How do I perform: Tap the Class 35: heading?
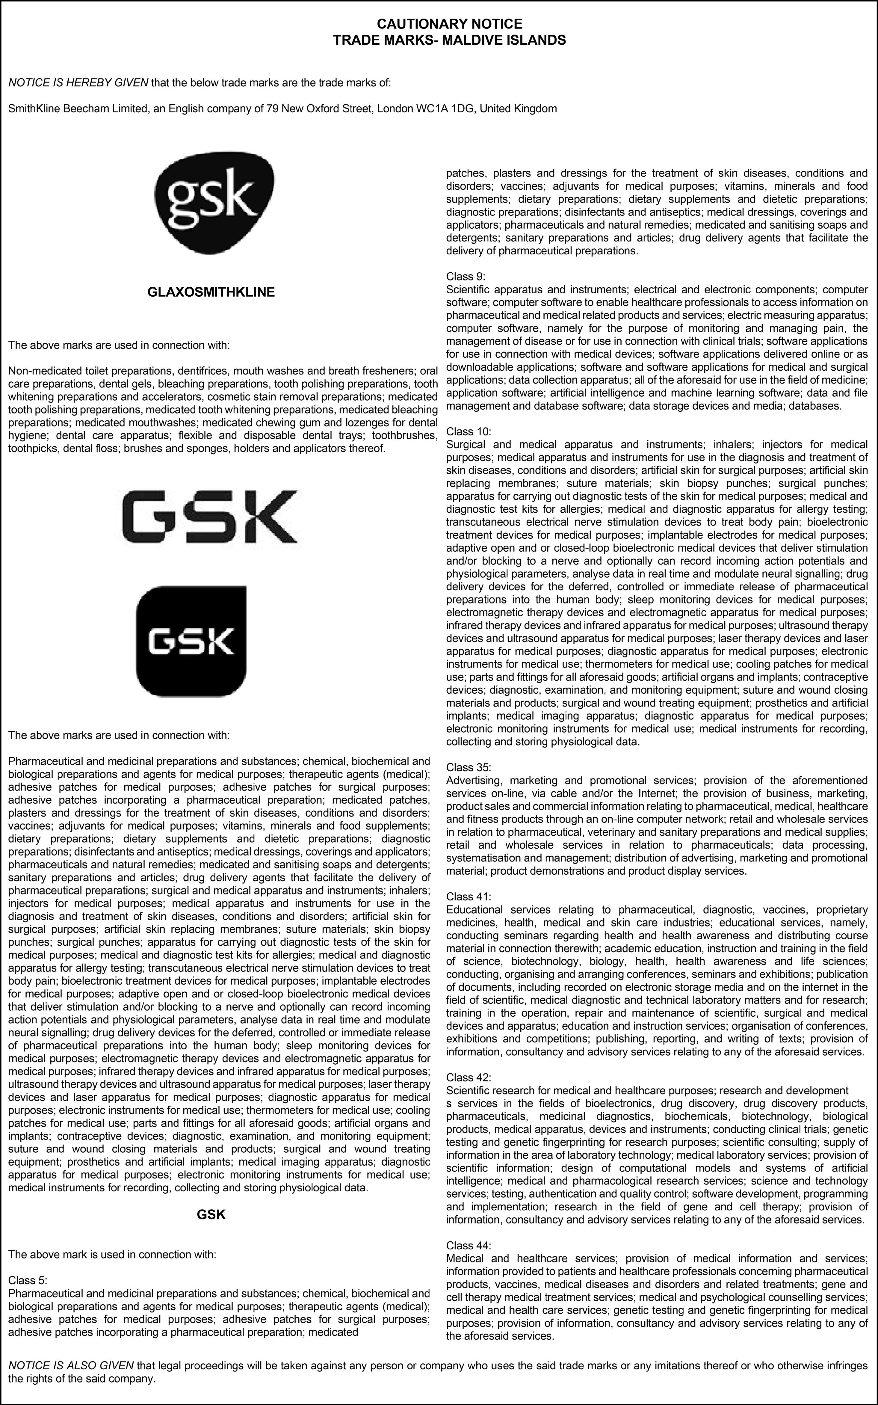click(468, 767)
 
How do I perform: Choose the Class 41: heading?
click(468, 897)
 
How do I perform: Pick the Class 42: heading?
click(468, 1077)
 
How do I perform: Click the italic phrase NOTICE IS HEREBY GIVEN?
click(78, 83)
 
